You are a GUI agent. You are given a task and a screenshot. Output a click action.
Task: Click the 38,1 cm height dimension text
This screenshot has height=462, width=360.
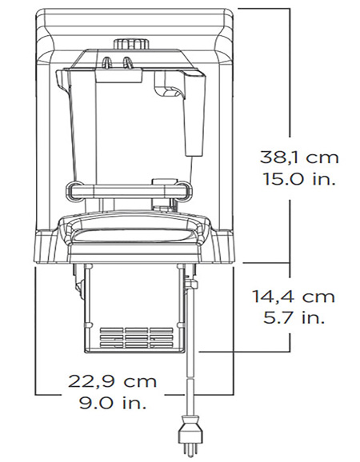tap(299, 157)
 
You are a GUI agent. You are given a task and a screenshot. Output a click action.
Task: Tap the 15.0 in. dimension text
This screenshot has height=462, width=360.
tap(299, 178)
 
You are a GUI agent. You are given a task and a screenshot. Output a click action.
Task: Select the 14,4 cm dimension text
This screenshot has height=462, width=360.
tap(294, 296)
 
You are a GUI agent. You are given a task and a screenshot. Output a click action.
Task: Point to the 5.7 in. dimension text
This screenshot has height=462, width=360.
tap(294, 317)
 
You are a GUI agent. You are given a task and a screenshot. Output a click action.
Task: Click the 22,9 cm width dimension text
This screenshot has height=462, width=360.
tap(112, 381)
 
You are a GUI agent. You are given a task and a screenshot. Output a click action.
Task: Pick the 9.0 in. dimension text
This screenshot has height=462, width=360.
tap(112, 403)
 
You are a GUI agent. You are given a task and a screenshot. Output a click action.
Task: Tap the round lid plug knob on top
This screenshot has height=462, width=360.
tap(131, 44)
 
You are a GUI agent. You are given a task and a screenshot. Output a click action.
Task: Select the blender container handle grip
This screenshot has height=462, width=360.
tap(194, 115)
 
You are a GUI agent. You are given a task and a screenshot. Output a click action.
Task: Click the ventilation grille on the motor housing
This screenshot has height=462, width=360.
tap(137, 337)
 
